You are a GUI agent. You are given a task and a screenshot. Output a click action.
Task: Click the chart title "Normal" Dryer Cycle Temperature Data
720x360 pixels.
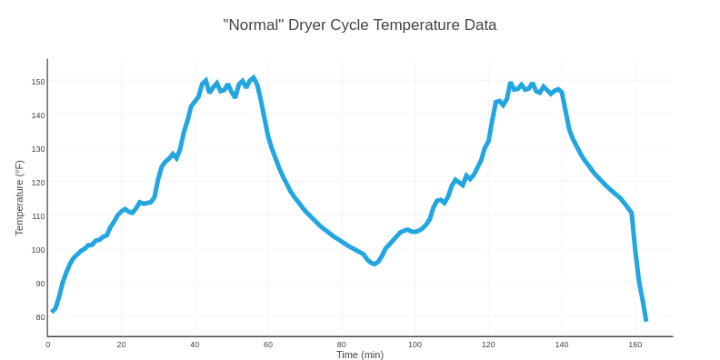(360, 25)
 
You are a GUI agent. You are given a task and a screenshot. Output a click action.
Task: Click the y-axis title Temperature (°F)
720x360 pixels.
(19, 198)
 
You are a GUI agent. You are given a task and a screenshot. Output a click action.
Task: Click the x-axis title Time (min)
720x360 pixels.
(360, 355)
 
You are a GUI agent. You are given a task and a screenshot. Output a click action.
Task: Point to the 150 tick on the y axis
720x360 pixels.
(38, 82)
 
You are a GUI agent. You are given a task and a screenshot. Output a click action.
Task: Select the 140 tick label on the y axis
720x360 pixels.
(38, 115)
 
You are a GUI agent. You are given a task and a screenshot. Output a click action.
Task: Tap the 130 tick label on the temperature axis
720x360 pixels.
(38, 149)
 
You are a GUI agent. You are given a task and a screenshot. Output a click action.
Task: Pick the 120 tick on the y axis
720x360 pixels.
(38, 183)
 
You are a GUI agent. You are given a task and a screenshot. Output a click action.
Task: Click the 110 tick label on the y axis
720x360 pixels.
(38, 216)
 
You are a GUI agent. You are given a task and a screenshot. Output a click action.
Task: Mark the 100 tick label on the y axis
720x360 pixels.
(38, 250)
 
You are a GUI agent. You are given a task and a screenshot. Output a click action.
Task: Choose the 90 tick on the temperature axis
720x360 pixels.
(40, 284)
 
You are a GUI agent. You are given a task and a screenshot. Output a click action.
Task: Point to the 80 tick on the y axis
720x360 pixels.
(40, 317)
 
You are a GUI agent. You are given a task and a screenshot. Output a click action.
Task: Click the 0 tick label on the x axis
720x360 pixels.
(48, 345)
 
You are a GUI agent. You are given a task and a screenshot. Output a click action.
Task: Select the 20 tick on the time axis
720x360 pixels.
(121, 345)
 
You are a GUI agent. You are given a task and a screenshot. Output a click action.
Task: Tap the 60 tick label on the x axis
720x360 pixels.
(268, 345)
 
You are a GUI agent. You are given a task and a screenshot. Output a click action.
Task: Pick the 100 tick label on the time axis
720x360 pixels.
(415, 345)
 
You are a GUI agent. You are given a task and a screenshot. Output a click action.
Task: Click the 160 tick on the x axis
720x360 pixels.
(635, 345)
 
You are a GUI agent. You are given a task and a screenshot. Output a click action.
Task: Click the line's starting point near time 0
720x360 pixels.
(53, 311)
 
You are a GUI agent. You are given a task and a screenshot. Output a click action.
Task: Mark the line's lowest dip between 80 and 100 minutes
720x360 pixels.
(374, 264)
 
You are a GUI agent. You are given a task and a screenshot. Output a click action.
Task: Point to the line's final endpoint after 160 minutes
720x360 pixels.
(645, 320)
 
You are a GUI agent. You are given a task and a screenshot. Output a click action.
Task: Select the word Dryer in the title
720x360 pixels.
(306, 25)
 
